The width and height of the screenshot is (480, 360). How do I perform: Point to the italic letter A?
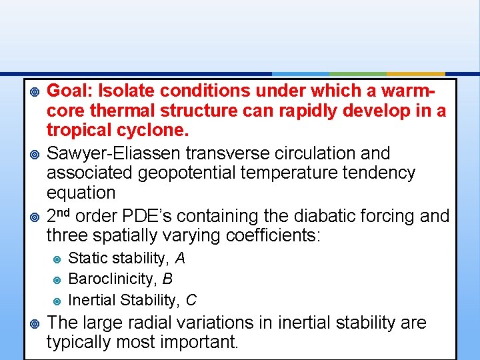180,258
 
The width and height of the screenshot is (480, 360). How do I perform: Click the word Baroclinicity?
111,279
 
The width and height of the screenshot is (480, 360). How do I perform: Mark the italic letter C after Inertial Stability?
191,300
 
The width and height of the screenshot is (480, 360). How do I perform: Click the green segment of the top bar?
358,74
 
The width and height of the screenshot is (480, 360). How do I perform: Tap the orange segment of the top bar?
415,74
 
